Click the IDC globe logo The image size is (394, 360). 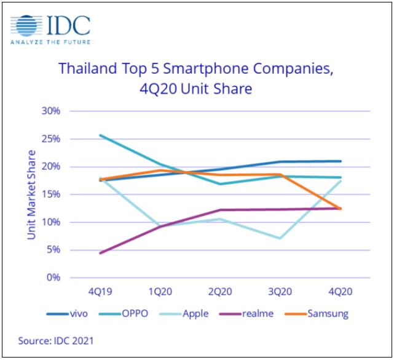tap(27, 26)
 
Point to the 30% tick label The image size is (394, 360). tap(51, 111)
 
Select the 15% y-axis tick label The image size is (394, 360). tap(51, 194)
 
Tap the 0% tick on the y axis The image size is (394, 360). tap(53, 278)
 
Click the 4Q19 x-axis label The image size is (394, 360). tap(100, 290)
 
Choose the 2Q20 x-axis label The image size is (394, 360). tap(220, 290)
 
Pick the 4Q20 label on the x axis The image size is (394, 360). tap(340, 290)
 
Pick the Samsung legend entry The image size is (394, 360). tap(326, 314)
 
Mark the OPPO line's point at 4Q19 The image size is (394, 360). tap(100, 135)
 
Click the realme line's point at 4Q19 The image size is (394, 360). tap(100, 253)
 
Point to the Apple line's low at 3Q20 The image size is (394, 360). tap(280, 238)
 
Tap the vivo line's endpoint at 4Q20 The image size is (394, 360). tap(340, 161)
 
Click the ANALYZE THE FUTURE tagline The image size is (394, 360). tap(50, 42)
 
